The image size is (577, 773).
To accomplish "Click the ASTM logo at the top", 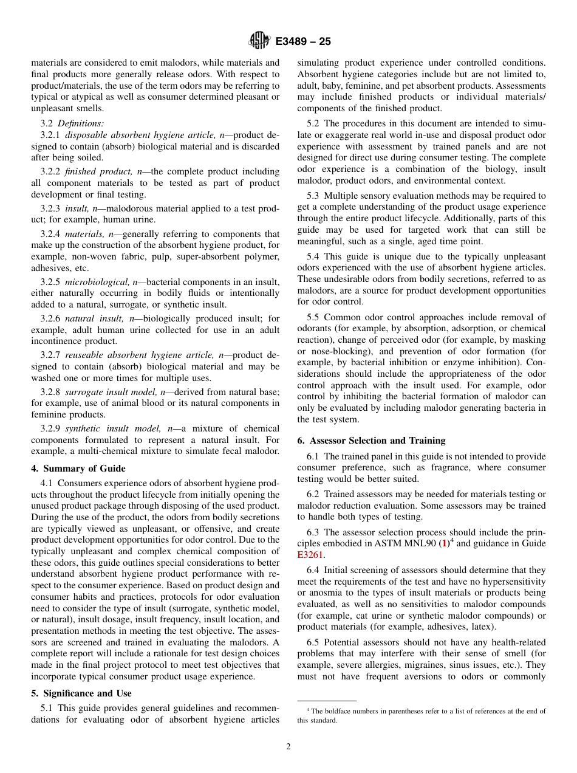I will click(259, 41).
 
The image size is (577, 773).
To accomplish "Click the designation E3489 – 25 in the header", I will click(302, 42).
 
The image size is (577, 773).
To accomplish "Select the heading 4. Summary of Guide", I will click(78, 469).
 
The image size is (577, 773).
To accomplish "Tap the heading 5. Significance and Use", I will click(81, 693).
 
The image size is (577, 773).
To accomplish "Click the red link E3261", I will click(310, 555).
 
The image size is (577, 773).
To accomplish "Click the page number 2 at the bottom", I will click(288, 747).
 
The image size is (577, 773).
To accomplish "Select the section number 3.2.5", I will click(50, 281).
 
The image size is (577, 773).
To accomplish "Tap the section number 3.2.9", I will click(50, 428).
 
